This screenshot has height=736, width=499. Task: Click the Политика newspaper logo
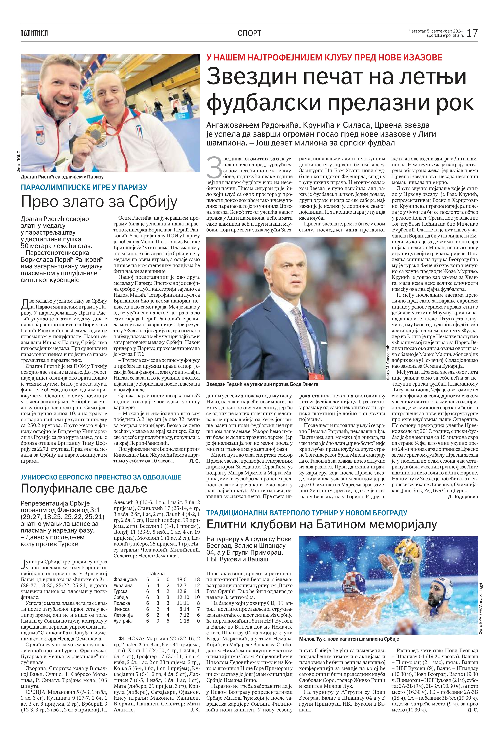[x=34, y=33]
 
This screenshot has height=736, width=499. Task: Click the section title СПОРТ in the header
[x=249, y=33]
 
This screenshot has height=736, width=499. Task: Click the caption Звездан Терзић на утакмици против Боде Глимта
[x=262, y=384]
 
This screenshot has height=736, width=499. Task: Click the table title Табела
[x=156, y=573]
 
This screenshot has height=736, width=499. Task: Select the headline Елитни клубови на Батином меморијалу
[x=321, y=524]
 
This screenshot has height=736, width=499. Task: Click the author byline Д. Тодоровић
[x=463, y=497]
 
